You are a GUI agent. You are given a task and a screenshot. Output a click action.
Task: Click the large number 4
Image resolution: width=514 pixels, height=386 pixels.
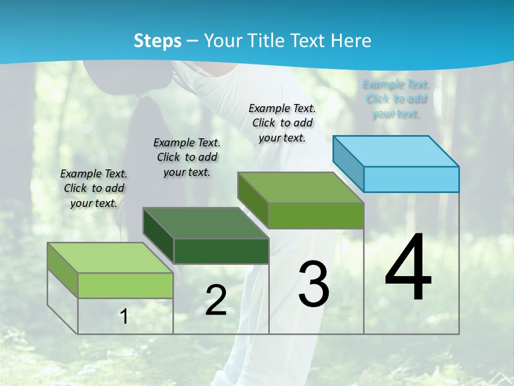click(408, 268)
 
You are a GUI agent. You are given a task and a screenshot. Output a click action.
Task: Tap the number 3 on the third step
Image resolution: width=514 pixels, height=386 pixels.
click(314, 284)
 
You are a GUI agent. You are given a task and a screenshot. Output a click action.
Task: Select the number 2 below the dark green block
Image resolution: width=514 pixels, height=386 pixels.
click(216, 300)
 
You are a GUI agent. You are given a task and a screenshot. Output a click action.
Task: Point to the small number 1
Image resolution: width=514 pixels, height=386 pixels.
click(124, 317)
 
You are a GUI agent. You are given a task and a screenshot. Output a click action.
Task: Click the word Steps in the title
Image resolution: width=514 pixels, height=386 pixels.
click(157, 41)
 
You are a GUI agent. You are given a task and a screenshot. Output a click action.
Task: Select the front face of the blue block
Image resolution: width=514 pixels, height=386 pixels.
click(411, 179)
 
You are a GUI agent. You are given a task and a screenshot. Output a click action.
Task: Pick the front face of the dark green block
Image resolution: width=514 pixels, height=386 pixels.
click(221, 251)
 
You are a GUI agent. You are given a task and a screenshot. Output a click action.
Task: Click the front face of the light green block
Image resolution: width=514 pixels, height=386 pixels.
click(125, 285)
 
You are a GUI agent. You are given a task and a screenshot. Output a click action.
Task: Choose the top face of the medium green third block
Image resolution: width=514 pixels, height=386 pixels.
click(301, 188)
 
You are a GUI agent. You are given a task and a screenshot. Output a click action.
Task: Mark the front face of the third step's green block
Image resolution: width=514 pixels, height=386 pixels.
click(316, 216)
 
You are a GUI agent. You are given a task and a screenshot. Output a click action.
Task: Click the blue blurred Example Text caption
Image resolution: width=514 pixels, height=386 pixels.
click(396, 99)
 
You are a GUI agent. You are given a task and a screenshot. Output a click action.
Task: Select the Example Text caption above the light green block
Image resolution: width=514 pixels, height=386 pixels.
click(94, 188)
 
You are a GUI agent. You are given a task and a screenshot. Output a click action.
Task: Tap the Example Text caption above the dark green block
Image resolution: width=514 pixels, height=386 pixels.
click(187, 157)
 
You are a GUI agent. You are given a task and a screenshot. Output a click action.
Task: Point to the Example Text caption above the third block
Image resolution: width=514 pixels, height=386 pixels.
click(282, 123)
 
